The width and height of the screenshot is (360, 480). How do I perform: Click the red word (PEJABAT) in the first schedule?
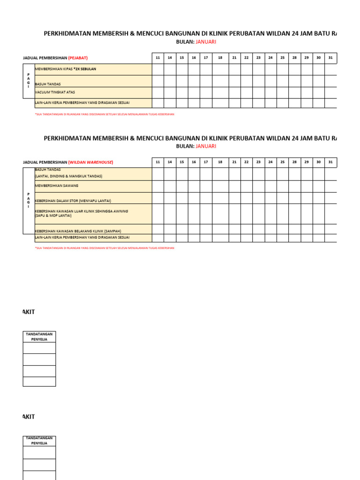[x=78, y=58]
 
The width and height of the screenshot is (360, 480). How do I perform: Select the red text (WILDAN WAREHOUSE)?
[x=90, y=162]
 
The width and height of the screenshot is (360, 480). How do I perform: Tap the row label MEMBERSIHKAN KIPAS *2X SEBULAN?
[x=66, y=69]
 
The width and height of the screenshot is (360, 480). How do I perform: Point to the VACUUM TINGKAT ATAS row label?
[x=55, y=92]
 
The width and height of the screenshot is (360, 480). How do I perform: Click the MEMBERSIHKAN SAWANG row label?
[x=57, y=186]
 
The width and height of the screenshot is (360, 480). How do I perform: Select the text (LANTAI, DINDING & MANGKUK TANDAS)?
[x=68, y=176]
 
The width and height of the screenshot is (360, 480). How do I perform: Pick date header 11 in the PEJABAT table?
[x=157, y=58]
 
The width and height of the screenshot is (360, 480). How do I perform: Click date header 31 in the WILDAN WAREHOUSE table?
[x=330, y=162]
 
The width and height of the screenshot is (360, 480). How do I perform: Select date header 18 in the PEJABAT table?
[x=220, y=58]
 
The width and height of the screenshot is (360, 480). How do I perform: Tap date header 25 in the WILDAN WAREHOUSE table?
[x=282, y=162]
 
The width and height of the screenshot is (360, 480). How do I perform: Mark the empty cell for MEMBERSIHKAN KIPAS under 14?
[x=170, y=69]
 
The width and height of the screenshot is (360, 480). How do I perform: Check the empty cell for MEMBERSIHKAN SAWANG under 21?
[x=234, y=186]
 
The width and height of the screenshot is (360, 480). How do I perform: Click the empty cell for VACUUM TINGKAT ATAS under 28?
[x=294, y=92]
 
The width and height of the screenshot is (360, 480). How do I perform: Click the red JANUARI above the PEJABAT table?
[x=206, y=42]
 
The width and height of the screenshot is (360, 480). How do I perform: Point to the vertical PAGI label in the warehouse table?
[x=29, y=200]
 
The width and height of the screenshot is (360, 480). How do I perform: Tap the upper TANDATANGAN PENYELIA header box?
[x=39, y=337]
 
